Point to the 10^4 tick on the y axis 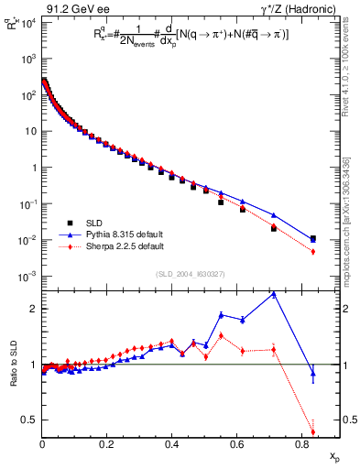pos(27,22)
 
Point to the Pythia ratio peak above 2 pos(274,294)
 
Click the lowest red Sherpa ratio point pos(313,432)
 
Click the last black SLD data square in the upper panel pos(313,239)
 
